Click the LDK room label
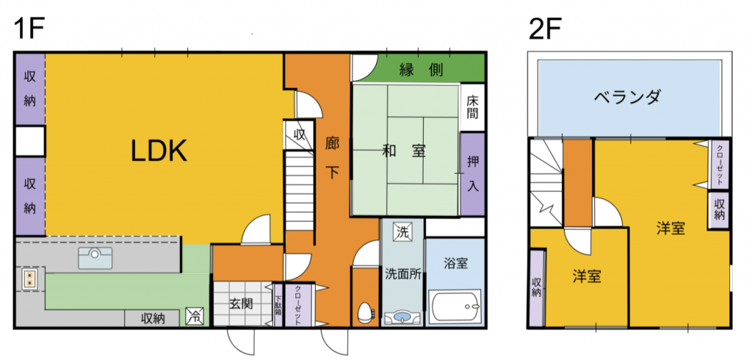coord(159,152)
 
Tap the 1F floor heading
coord(29,31)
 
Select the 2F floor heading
coord(545,31)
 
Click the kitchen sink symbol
coord(95,258)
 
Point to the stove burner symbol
coord(30,279)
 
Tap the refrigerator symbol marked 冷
coord(195,317)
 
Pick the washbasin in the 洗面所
coord(402,317)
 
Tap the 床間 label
coord(472,107)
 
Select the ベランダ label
coord(628,98)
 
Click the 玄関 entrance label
coord(241,303)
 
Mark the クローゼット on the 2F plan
coord(720,165)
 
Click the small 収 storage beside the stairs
coord(300,134)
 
